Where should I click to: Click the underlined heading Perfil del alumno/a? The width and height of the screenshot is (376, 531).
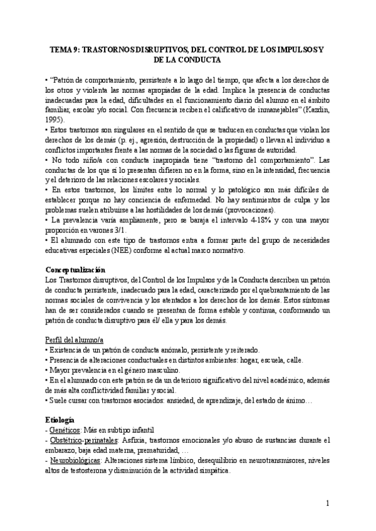[x=72, y=339]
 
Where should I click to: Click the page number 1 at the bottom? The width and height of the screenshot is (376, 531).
[x=328, y=503]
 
